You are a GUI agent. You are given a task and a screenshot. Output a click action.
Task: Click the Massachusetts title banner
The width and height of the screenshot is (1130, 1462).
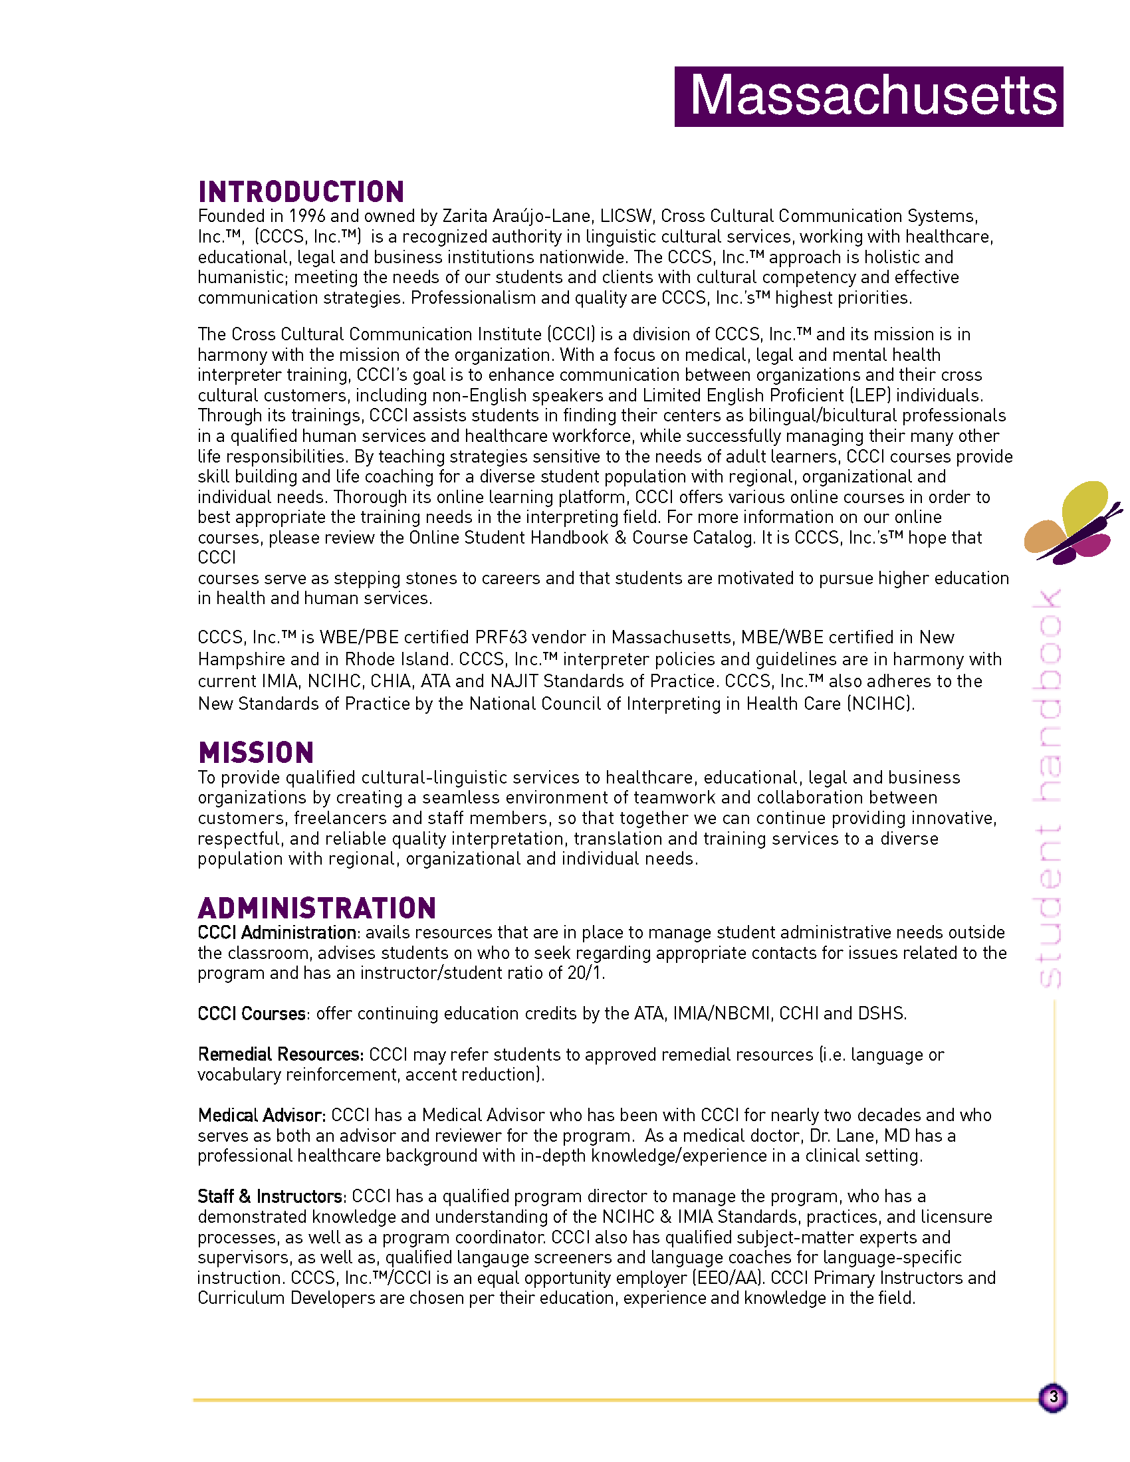pyautogui.click(x=868, y=96)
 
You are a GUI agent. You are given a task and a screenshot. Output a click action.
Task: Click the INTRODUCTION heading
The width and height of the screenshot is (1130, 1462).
pyautogui.click(x=301, y=192)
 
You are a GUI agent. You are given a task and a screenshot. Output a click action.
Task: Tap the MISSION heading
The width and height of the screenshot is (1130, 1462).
pyautogui.click(x=256, y=753)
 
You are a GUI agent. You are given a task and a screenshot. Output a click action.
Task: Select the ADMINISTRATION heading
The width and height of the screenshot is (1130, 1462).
pyautogui.click(x=316, y=909)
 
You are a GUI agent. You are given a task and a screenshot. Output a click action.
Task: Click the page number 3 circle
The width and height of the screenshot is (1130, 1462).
pyautogui.click(x=1053, y=1398)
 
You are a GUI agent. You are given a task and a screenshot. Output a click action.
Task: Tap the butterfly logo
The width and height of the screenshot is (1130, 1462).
pyautogui.click(x=1071, y=522)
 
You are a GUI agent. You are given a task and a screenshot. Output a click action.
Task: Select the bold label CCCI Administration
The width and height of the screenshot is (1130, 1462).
pyautogui.click(x=277, y=933)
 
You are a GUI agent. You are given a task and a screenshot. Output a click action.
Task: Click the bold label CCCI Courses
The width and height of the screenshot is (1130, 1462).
pyautogui.click(x=252, y=1014)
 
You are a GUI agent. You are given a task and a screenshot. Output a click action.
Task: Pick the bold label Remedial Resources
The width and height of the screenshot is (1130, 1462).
pyautogui.click(x=281, y=1055)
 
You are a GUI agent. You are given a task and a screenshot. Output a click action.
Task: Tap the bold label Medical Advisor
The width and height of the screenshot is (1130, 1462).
pyautogui.click(x=261, y=1116)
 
